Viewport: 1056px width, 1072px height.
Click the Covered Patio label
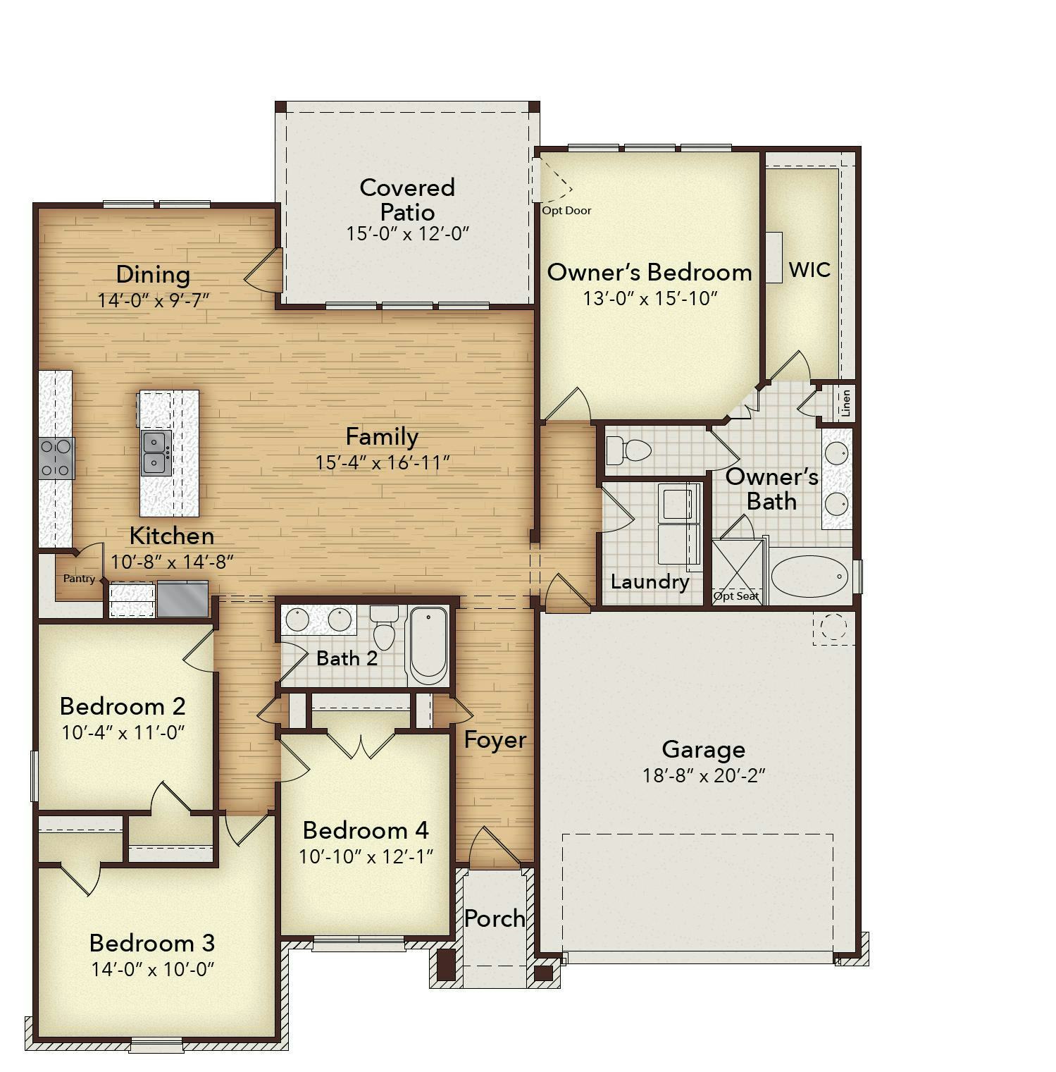(407, 199)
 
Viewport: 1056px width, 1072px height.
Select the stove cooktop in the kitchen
(56, 457)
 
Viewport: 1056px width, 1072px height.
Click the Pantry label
(79, 579)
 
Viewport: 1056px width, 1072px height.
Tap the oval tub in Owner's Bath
(809, 577)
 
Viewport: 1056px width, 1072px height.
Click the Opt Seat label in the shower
(736, 596)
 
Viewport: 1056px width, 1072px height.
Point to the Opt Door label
(566, 210)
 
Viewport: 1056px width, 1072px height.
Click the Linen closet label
(846, 402)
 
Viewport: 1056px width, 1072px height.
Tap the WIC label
(809, 270)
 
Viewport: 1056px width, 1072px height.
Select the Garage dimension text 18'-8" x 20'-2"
(704, 775)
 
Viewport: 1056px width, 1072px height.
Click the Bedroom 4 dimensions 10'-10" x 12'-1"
(366, 856)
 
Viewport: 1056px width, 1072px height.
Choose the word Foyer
(495, 740)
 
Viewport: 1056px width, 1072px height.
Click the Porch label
(495, 918)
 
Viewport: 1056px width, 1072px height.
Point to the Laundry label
(650, 582)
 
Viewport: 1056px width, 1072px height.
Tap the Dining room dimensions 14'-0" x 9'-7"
(154, 300)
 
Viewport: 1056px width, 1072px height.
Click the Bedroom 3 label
(152, 942)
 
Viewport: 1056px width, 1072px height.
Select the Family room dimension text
(383, 462)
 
